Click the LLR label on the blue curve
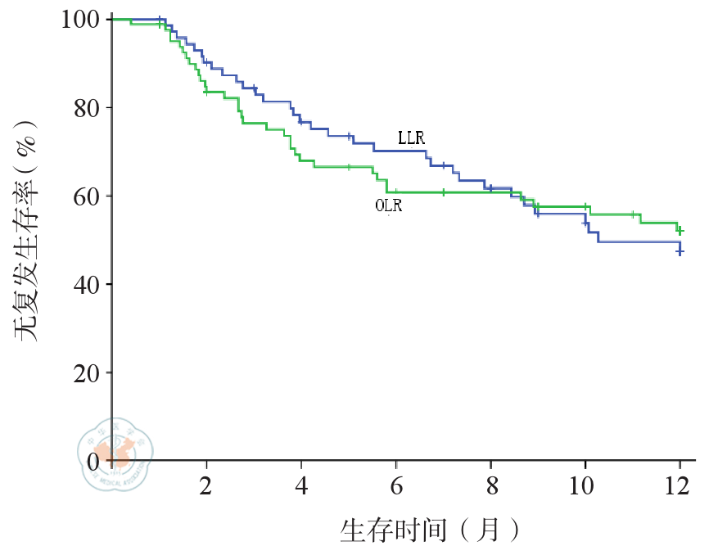click(x=411, y=138)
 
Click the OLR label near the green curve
click(x=389, y=205)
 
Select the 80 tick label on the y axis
click(x=86, y=107)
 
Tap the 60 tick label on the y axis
click(x=86, y=196)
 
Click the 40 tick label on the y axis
click(x=86, y=284)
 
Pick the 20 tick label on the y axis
click(x=86, y=372)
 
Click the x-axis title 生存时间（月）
click(x=429, y=530)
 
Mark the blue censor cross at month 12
click(x=680, y=251)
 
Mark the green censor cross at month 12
click(x=680, y=232)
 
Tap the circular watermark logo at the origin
click(x=115, y=452)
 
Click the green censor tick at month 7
click(x=443, y=192)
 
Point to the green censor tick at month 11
click(x=633, y=214)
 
